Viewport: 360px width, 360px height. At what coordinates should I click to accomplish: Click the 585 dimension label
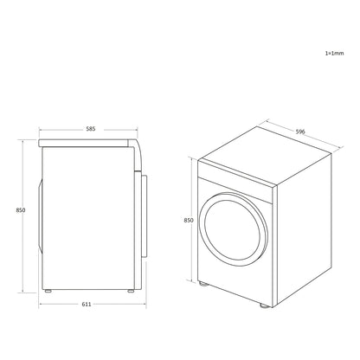coord(91,129)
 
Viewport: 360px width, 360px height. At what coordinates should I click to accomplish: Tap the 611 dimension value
coord(87,304)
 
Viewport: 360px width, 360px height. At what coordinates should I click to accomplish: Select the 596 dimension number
coord(300,132)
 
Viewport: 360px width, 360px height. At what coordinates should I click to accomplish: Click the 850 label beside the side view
coord(21,210)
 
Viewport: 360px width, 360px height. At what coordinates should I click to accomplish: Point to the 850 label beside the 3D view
coord(189,221)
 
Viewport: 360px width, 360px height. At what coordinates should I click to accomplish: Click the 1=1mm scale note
coord(335,53)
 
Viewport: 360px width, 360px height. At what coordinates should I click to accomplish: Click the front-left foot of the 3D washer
coord(203,284)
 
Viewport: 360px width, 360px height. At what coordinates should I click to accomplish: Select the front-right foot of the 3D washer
coord(265,305)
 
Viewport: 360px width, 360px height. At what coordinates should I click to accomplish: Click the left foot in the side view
coord(48,291)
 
